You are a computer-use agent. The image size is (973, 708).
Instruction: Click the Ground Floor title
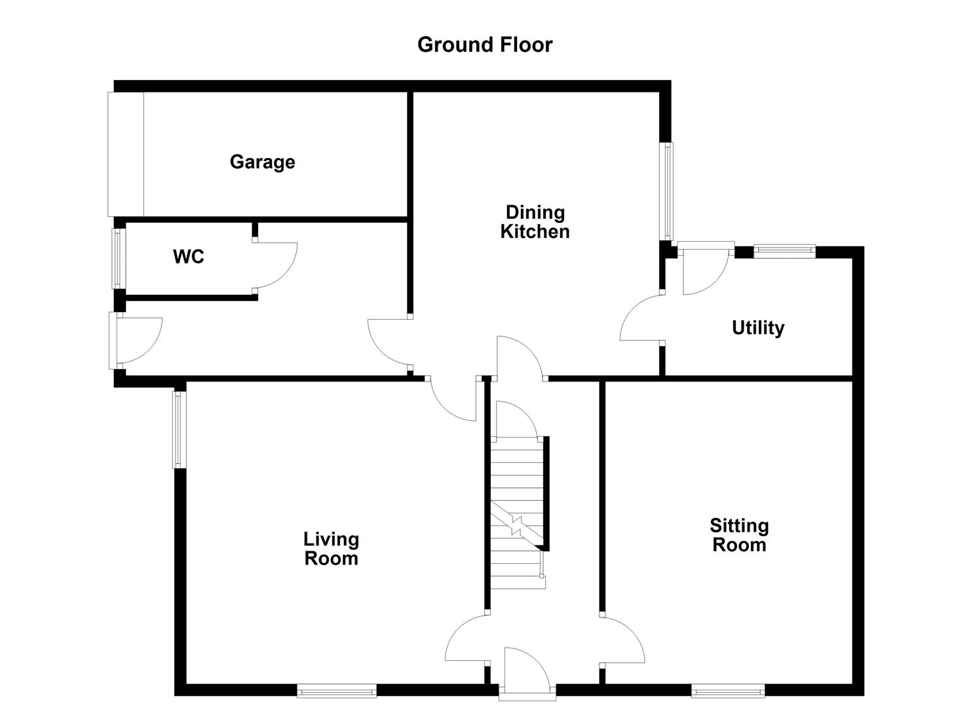(x=485, y=45)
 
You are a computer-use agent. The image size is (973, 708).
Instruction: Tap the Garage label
(x=262, y=162)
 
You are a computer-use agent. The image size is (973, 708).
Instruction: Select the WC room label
(x=189, y=256)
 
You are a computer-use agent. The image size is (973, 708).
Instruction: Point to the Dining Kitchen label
(x=535, y=222)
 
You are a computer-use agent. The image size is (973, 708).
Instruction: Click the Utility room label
(x=758, y=328)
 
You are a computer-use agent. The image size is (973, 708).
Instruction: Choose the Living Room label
(x=331, y=549)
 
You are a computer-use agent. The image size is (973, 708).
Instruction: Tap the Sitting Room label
(x=739, y=535)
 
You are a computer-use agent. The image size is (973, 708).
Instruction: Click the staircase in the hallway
(x=518, y=511)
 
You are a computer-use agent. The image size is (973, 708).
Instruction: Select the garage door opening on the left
(x=125, y=154)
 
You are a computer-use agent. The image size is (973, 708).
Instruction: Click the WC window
(x=118, y=258)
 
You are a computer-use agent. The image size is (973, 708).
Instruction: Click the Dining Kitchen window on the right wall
(x=667, y=191)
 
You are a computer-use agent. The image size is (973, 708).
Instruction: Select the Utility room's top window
(x=784, y=250)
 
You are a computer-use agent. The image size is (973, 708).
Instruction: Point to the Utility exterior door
(x=704, y=269)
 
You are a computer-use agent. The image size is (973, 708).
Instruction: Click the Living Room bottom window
(x=337, y=690)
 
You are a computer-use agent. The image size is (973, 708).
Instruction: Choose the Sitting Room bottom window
(x=728, y=690)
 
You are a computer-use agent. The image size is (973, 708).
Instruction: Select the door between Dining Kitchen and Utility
(x=640, y=319)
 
